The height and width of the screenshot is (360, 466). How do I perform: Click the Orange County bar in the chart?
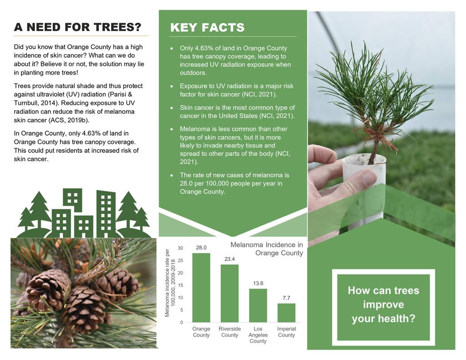click(201, 288)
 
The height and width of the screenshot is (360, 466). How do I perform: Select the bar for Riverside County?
click(229, 294)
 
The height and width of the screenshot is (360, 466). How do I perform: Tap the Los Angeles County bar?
click(258, 305)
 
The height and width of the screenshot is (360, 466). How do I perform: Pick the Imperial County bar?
click(287, 313)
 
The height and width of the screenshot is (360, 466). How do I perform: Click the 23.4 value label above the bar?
click(229, 259)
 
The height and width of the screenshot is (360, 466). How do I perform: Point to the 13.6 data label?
click(258, 283)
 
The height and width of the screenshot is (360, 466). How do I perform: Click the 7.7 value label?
click(286, 298)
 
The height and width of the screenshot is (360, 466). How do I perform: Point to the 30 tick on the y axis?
click(180, 248)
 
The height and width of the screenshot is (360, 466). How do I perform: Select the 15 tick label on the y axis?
click(180, 285)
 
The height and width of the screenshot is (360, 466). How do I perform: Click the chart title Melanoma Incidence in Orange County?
click(267, 249)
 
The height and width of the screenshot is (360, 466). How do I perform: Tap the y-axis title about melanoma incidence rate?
click(170, 283)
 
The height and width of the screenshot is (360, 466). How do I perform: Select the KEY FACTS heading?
click(207, 27)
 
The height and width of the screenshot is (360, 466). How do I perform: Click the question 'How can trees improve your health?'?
click(383, 304)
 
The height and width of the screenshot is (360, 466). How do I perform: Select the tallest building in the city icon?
click(106, 213)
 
